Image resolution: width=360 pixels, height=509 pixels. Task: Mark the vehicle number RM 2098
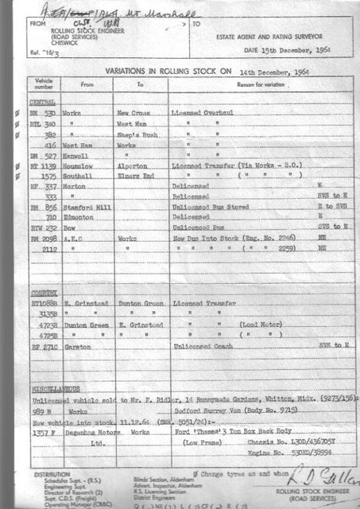pyautogui.click(x=44, y=249)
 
